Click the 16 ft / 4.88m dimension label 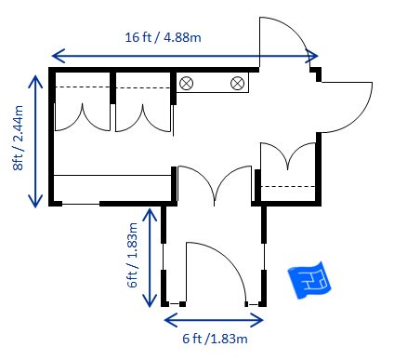[163, 37]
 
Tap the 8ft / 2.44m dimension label [19, 138]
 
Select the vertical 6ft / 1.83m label [132, 255]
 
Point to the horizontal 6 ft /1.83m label [215, 339]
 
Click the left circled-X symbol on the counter [187, 83]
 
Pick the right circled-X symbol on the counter [238, 83]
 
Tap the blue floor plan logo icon [309, 280]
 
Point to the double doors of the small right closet [288, 155]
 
